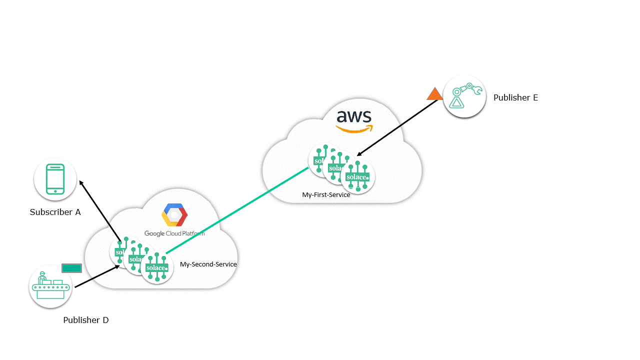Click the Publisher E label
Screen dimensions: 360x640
coord(515,97)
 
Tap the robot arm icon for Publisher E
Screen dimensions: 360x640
coord(464,96)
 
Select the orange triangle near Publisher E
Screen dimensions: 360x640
coord(434,94)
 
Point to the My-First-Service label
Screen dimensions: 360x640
coord(326,194)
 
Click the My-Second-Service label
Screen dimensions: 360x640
coord(208,264)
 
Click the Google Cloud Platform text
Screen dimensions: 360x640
coord(174,233)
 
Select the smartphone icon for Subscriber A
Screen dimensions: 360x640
coord(55,178)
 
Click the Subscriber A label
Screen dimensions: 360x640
coord(55,212)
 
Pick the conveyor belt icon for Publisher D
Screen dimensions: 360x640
coord(50,286)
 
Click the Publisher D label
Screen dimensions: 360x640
coord(85,320)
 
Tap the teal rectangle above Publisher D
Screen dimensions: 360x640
coord(71,268)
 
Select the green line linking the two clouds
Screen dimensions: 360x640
coord(237,210)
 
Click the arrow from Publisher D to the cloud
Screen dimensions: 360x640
coord(96,276)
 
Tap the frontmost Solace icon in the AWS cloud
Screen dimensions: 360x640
coord(358,177)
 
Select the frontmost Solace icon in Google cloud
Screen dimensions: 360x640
coord(157,267)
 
